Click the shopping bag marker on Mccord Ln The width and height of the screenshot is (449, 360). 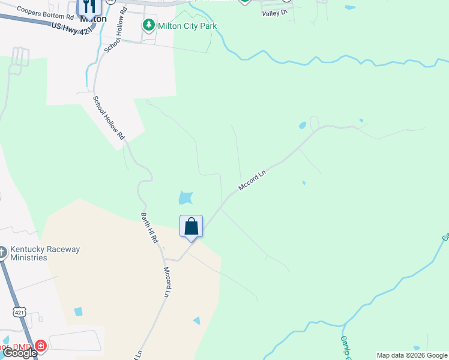coord(191,227)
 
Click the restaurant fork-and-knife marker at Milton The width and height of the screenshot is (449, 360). coord(89,7)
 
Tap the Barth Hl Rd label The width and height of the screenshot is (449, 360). coord(149,227)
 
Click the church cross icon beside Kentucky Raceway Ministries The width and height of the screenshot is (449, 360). coord(2,251)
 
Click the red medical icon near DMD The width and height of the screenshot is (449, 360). coord(40,346)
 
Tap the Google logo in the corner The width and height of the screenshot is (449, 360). coord(19,353)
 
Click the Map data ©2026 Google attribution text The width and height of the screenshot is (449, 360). coord(412,355)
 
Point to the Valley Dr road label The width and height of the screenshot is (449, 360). coord(276,12)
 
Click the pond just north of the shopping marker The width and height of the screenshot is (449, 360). coord(185,197)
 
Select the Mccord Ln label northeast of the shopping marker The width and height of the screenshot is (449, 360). coord(252,180)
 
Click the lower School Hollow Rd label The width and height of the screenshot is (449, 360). coord(108,118)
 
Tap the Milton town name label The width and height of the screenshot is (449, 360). coord(93,19)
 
